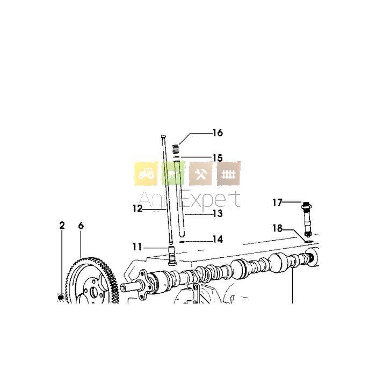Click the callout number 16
pos(218,133)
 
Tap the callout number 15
pos(218,158)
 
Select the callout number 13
pos(218,214)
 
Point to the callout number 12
pos(138,208)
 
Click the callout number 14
pos(218,240)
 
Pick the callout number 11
pos(138,247)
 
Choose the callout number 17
pos(278,203)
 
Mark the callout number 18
pos(278,228)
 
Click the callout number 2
pos(62,226)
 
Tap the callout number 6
pos(81,226)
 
